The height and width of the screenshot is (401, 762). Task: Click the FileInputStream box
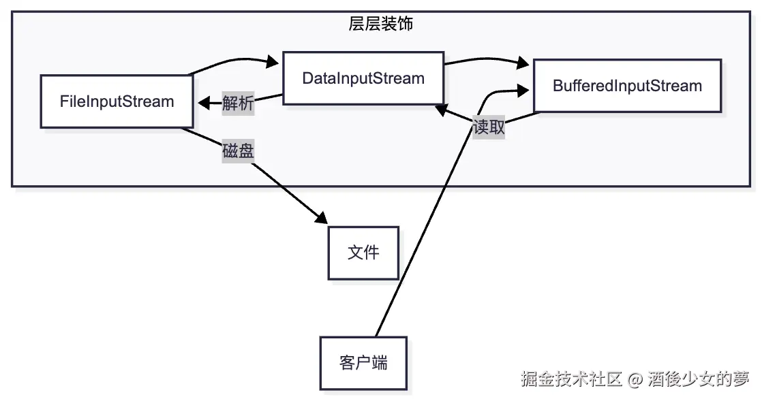(117, 102)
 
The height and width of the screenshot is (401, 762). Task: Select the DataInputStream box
(363, 78)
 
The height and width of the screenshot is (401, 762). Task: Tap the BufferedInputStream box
(627, 86)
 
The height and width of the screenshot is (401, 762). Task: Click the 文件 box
(363, 253)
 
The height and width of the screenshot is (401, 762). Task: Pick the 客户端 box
(363, 363)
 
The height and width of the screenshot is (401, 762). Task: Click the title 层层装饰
(380, 25)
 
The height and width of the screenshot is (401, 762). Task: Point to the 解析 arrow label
(238, 103)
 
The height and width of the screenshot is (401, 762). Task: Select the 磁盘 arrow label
(238, 151)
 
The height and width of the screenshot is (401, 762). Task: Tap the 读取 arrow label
(489, 127)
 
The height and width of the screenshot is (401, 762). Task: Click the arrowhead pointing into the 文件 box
(321, 219)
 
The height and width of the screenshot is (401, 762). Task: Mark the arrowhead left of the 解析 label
(203, 103)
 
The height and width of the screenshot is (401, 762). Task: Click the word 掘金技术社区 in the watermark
(571, 379)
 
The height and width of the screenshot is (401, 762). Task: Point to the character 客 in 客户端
(347, 363)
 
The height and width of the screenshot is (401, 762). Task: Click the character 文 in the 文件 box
(355, 253)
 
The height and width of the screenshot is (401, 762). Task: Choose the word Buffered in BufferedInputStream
(579, 86)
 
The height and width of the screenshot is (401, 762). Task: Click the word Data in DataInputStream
(316, 78)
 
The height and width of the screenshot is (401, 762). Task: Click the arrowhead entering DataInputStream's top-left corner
(273, 62)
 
